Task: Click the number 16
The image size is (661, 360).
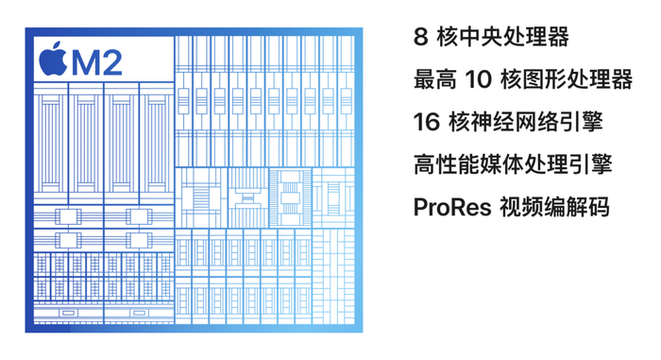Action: click(426, 122)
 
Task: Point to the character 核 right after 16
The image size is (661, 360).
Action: click(457, 122)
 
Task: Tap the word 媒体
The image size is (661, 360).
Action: click(502, 164)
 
